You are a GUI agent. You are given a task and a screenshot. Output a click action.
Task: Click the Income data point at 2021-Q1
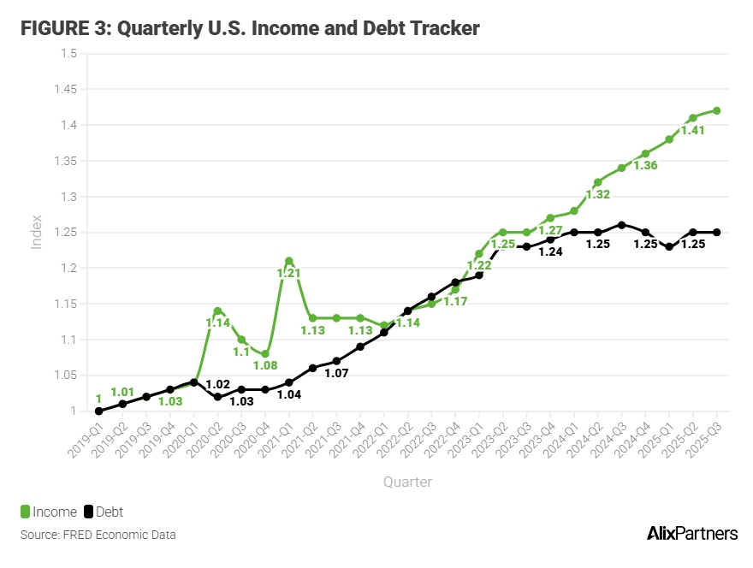(289, 261)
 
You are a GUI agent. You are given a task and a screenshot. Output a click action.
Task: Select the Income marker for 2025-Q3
(716, 110)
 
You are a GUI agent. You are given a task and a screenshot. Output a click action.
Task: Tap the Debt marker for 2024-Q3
(622, 225)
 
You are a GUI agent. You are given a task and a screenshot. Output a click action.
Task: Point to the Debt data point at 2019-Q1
(99, 411)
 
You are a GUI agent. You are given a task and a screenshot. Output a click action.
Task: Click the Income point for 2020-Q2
(218, 311)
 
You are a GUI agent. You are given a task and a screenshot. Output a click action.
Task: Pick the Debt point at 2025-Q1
(669, 246)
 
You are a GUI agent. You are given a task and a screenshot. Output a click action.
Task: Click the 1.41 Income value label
(693, 131)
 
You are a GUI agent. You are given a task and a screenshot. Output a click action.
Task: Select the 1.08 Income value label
(266, 366)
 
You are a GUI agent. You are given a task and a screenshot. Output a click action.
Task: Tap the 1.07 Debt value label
(336, 374)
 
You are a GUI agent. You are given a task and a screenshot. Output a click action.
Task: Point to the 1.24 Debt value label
(550, 251)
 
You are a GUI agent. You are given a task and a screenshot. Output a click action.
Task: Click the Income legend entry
(49, 512)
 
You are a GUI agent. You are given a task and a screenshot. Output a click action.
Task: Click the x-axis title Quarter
(407, 482)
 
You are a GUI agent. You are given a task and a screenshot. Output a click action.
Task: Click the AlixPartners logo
(691, 534)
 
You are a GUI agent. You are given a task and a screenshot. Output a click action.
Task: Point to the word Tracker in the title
(439, 28)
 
